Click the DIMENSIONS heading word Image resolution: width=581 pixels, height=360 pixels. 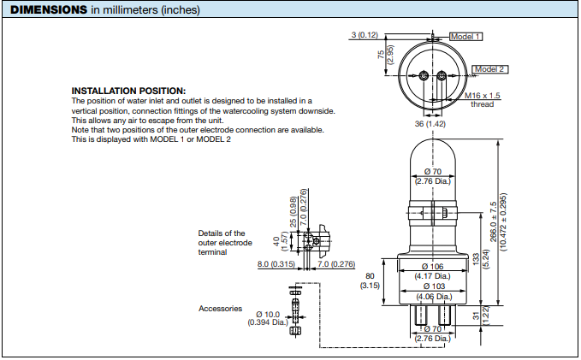click(48, 9)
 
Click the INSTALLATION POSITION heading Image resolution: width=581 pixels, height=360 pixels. click(127, 91)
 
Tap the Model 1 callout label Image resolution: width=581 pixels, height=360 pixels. click(466, 37)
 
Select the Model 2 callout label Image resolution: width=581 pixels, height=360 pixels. click(490, 68)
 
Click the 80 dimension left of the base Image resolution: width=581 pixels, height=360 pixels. click(371, 275)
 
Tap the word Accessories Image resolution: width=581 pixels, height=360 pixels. click(221, 309)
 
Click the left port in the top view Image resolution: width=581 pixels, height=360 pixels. click(424, 76)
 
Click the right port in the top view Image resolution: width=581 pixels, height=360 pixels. click(442, 76)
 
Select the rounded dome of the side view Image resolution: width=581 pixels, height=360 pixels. click(433, 154)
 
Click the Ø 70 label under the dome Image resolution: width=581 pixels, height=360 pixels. click(433, 171)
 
